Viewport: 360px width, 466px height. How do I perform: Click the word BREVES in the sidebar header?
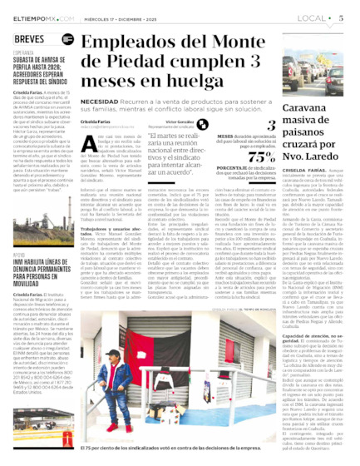pos(31,39)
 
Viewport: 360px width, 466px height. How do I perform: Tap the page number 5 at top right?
pos(341,17)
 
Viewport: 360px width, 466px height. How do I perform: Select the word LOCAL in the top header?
pos(313,17)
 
